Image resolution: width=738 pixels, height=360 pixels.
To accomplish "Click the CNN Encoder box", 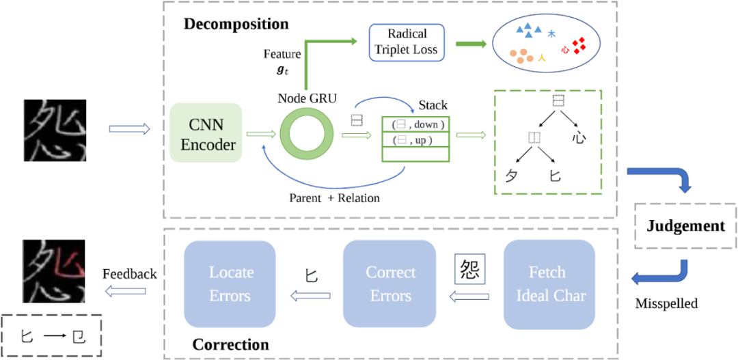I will tap(205, 133).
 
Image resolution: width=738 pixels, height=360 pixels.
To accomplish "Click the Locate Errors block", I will tap(230, 284).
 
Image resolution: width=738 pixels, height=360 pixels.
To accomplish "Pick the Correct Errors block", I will tap(389, 284).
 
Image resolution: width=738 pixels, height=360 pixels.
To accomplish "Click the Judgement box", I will tap(685, 225).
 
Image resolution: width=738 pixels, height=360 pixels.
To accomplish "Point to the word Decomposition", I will tap(236, 25).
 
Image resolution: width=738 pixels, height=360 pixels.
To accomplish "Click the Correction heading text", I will tap(230, 344).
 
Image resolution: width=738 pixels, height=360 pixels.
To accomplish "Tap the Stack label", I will tap(433, 105).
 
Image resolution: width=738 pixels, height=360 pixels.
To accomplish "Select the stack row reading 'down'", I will tap(415, 124).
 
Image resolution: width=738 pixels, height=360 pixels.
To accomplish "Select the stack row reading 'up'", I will tap(415, 139).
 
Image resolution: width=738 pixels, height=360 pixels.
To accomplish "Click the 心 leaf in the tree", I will tap(579, 138).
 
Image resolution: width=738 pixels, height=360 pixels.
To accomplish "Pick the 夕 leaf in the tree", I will tap(510, 176).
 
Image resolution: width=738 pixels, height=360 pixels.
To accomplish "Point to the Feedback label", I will tap(130, 274).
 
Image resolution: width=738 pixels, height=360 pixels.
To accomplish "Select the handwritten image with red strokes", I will tap(54, 271).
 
